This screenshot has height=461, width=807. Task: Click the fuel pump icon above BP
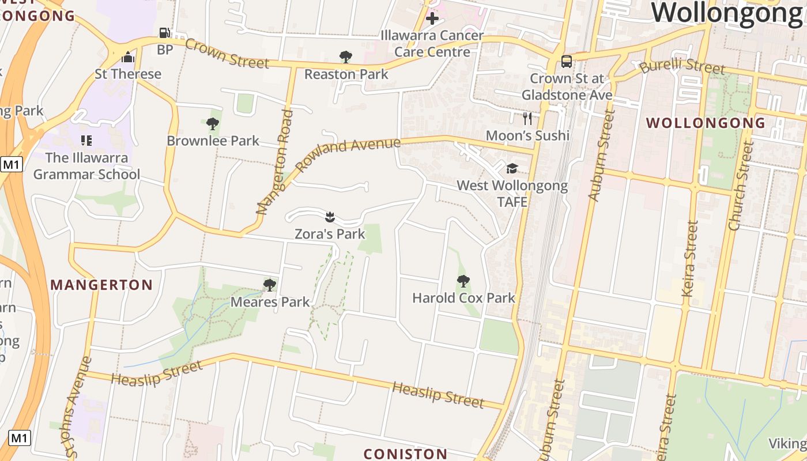point(164,33)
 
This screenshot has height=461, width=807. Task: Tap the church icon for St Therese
point(128,57)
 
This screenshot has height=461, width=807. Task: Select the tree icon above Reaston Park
point(346,56)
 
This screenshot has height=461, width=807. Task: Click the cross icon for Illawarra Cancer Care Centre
point(432,18)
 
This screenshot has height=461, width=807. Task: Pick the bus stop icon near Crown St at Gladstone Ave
point(567,61)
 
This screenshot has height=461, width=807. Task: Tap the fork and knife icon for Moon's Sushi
point(527,119)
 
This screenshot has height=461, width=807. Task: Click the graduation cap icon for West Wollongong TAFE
point(512,168)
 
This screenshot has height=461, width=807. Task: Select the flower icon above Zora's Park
point(330,217)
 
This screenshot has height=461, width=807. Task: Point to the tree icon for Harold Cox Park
point(463,281)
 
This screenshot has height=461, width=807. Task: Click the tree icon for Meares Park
point(269,285)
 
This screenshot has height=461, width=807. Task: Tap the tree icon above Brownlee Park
point(213,123)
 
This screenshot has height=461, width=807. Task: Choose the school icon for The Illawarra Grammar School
point(86,140)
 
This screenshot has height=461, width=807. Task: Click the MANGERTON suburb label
point(101,285)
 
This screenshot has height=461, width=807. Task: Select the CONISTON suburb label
point(405,454)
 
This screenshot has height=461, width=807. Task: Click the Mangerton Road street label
point(276,163)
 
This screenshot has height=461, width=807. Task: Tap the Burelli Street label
point(682,66)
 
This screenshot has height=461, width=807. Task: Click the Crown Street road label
point(227,54)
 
